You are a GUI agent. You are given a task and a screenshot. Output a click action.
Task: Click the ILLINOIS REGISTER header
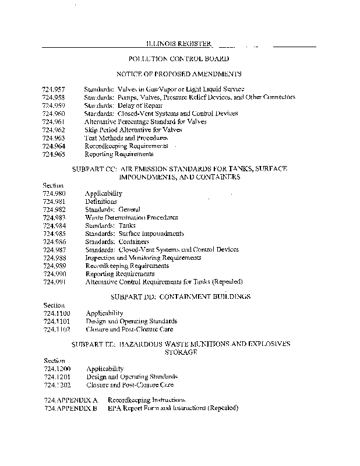(179, 44)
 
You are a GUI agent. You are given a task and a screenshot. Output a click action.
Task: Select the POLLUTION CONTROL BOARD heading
(179, 59)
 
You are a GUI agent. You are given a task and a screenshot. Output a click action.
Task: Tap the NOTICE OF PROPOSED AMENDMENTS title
(179, 74)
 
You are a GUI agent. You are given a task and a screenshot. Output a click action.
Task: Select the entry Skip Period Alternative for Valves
(129, 130)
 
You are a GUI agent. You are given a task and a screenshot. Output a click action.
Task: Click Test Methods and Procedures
(122, 138)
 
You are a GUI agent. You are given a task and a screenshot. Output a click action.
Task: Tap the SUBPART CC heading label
(94, 168)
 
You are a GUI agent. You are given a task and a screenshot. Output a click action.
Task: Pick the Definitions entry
(101, 201)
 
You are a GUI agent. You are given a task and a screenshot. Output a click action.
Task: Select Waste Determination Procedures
(132, 217)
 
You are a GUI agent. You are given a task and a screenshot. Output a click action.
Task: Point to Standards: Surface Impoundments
(135, 234)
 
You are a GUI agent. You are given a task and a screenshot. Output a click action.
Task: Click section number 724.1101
(57, 321)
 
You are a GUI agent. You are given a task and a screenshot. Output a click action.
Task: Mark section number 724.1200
(57, 369)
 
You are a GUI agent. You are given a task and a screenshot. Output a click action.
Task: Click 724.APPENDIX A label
(70, 400)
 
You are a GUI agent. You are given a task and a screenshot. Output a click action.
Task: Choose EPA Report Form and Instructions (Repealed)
(173, 408)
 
